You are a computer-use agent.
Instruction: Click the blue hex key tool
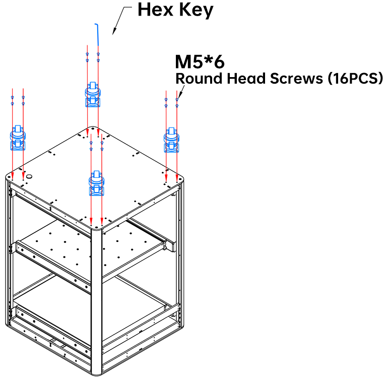coord(97,34)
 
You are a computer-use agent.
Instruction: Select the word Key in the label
coord(196,11)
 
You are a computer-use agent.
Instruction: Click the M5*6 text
coord(200,61)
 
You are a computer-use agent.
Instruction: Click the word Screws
coord(296,79)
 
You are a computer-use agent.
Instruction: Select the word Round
coord(199,79)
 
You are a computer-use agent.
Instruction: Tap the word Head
coord(246,79)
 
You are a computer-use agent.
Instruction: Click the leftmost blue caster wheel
coord(18,138)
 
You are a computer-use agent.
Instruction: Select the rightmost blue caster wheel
coord(171,140)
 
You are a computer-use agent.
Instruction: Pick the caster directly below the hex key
coord(93,94)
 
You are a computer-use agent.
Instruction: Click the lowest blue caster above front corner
coord(97,183)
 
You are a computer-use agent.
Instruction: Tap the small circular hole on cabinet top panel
coord(29,176)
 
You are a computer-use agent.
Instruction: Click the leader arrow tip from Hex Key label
coord(113,34)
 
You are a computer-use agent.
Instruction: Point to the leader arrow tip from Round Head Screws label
coord(178,98)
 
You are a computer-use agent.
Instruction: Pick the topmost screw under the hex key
coord(98,54)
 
